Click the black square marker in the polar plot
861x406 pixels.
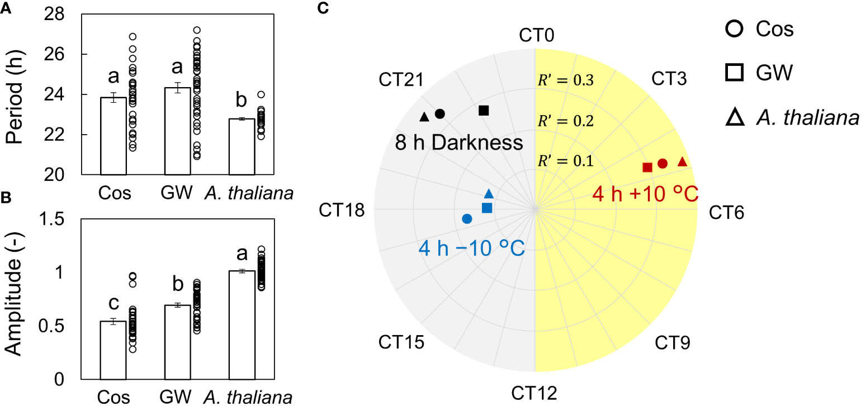coord(484,111)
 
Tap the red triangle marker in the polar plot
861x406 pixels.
coord(682,162)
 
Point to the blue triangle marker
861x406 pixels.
coord(489,194)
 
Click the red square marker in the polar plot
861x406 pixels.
coord(647,167)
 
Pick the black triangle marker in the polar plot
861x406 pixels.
coord(424,117)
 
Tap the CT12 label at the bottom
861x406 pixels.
coord(536,393)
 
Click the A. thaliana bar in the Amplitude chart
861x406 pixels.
coord(242,324)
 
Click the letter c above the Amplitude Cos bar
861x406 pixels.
coord(113,304)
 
